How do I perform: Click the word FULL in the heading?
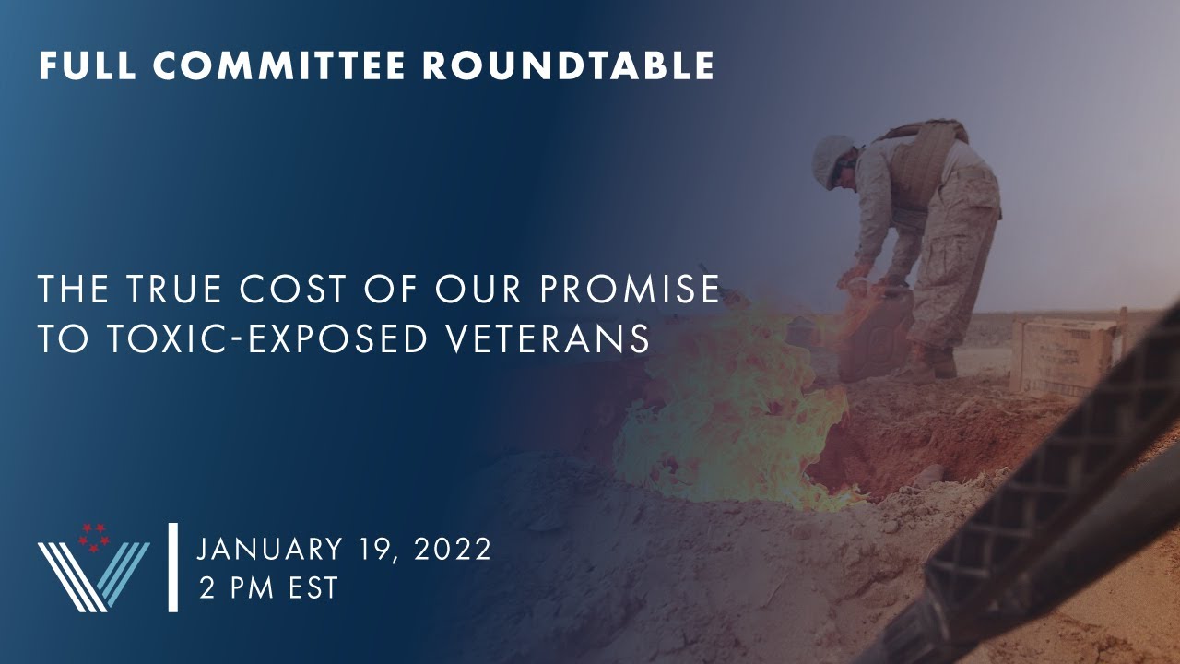pyautogui.click(x=88, y=65)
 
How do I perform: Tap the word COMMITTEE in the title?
pyautogui.click(x=279, y=65)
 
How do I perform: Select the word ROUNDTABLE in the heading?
pyautogui.click(x=569, y=65)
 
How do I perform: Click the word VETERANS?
pyautogui.click(x=549, y=338)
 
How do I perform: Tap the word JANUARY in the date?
pyautogui.click(x=270, y=549)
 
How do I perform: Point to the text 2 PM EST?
pyautogui.click(x=268, y=587)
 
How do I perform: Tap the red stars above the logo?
pyautogui.click(x=94, y=538)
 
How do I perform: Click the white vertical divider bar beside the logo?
pyautogui.click(x=172, y=567)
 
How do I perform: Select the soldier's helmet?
pyautogui.click(x=833, y=160)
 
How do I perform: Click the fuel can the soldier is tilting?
pyautogui.click(x=876, y=329)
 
